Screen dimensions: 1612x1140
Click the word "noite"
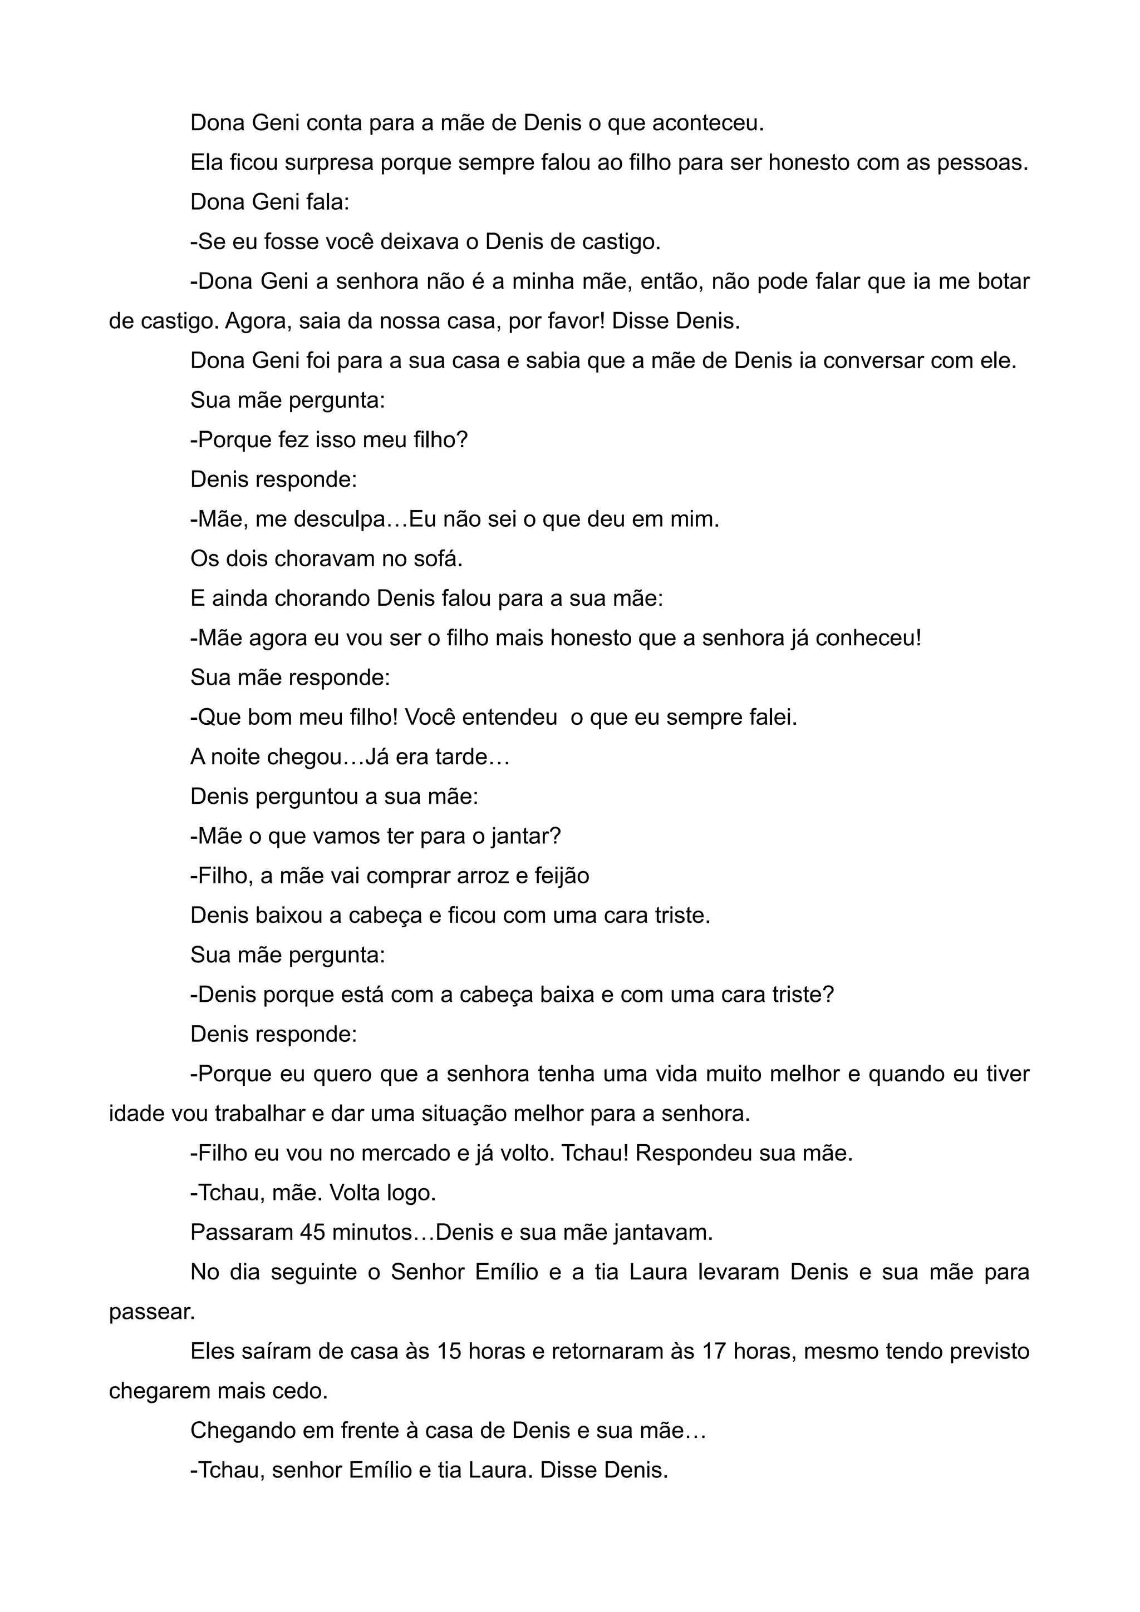coord(239,758)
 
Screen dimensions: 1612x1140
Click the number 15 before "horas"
coord(448,1352)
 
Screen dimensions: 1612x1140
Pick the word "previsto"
coord(989,1352)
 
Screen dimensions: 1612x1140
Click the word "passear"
coord(150,1312)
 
